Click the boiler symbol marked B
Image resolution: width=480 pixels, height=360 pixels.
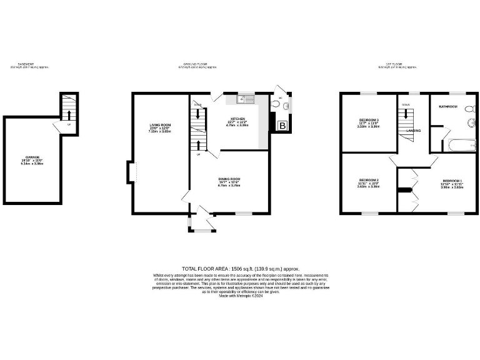click(x=282, y=126)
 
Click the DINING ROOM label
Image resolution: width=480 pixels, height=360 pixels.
click(x=228, y=179)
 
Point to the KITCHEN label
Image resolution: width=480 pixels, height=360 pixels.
click(x=237, y=119)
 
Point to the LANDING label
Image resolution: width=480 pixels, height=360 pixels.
click(x=413, y=131)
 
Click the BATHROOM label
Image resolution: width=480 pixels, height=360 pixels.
click(x=448, y=107)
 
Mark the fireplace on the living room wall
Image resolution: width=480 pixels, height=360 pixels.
click(x=131, y=172)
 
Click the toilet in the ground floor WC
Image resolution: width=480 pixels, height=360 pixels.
click(x=276, y=104)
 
